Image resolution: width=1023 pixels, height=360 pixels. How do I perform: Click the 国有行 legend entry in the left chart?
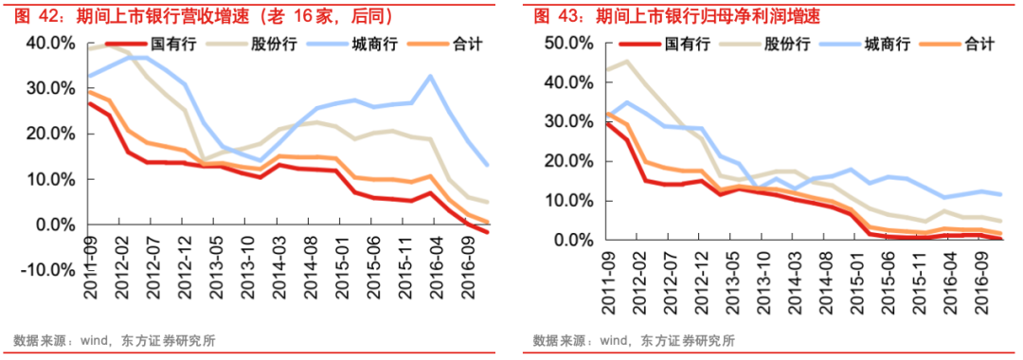pos(170,45)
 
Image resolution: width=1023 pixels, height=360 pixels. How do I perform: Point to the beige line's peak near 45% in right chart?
pos(626,62)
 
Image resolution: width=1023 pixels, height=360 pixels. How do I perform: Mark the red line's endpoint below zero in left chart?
pos(488,232)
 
